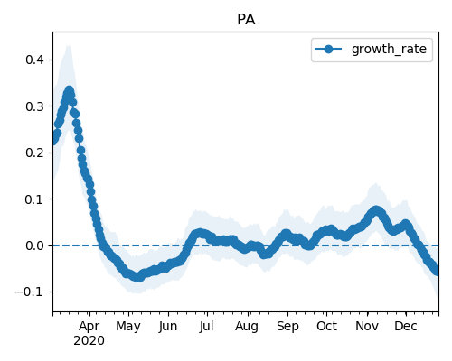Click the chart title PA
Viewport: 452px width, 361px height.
246,20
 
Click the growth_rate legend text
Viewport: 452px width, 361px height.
389,50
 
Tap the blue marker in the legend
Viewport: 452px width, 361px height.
328,49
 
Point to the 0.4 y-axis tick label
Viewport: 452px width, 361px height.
34,60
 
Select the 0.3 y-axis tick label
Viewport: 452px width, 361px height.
34,106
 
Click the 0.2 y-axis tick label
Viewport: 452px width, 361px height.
34,153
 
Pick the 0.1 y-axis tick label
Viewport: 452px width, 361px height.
34,199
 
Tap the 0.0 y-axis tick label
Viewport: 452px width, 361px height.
34,245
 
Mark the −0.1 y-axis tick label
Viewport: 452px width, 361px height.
29,292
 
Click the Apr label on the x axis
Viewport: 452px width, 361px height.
89,327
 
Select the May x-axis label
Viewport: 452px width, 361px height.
128,327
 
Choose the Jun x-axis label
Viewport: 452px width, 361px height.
168,326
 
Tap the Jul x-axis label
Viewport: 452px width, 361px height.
206,326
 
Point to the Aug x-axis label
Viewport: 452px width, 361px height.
247,327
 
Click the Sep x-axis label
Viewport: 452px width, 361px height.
287,327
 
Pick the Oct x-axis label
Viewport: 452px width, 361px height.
327,326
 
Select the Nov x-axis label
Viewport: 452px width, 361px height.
367,326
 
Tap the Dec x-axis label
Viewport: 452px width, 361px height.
406,326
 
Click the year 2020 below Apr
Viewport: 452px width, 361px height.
89,341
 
